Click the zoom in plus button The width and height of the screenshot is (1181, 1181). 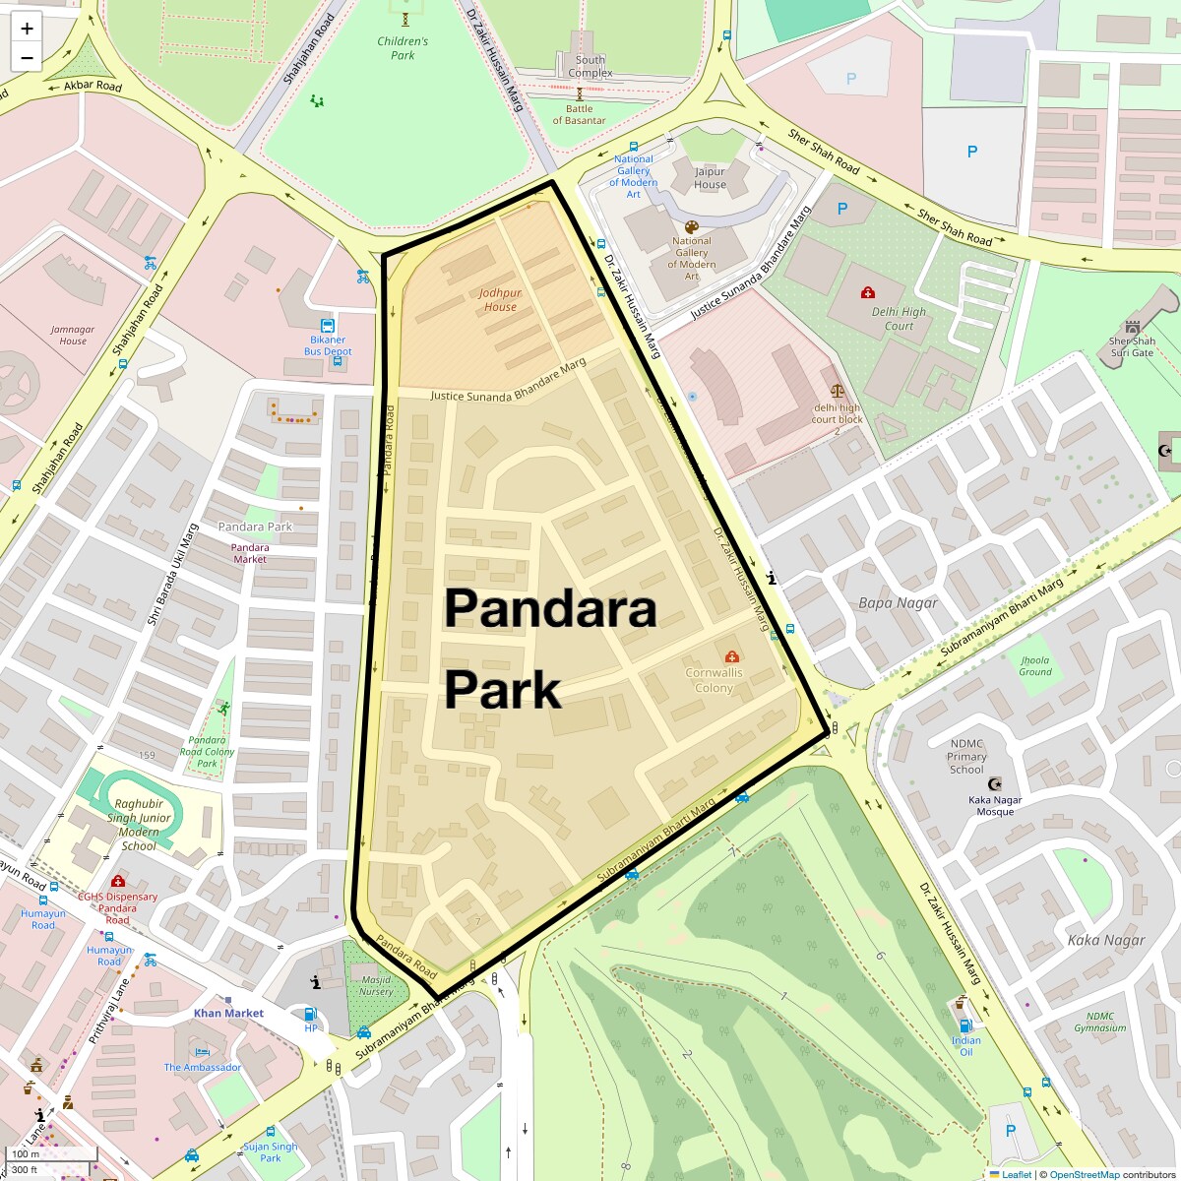click(x=27, y=29)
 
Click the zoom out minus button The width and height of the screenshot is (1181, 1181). click(x=27, y=57)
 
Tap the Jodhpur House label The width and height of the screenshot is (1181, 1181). click(x=500, y=299)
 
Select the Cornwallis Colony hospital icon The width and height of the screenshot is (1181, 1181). click(x=731, y=656)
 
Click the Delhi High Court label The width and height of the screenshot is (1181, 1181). click(x=899, y=319)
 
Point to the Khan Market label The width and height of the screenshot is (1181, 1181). click(x=228, y=1013)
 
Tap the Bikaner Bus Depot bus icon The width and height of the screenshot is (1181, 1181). click(x=327, y=326)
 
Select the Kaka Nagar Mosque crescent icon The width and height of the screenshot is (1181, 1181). click(x=995, y=784)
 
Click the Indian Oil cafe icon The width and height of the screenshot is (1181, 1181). click(x=961, y=1004)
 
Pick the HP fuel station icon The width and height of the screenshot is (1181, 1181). click(x=311, y=1014)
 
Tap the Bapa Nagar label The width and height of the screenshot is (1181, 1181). click(x=898, y=602)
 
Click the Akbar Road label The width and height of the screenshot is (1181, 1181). click(x=93, y=87)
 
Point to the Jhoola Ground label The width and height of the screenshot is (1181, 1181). click(x=1035, y=666)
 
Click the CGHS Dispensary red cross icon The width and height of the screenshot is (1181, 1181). click(x=118, y=881)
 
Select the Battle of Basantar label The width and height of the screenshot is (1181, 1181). click(x=579, y=114)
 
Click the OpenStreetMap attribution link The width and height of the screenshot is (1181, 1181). click(x=1085, y=1174)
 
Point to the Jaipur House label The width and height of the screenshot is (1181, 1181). click(x=710, y=178)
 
